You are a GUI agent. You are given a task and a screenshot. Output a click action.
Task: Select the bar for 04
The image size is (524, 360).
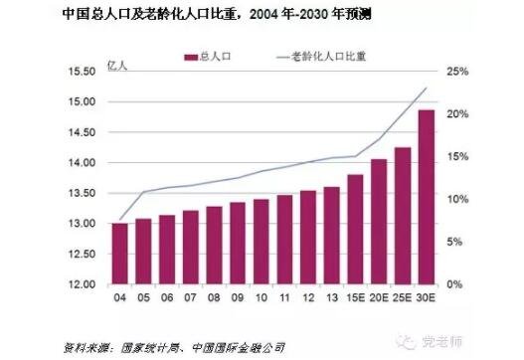119,254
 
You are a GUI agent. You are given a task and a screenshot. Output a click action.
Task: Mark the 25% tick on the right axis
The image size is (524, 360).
457,72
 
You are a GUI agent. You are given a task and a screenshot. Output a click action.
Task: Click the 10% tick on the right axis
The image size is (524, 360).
457,200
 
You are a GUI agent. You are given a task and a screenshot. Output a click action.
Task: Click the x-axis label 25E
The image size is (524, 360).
403,297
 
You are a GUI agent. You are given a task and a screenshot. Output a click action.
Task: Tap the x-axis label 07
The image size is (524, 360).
190,297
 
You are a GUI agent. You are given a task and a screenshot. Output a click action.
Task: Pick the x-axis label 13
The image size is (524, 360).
331,297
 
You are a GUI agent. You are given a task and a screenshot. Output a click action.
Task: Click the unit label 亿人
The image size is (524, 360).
115,66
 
